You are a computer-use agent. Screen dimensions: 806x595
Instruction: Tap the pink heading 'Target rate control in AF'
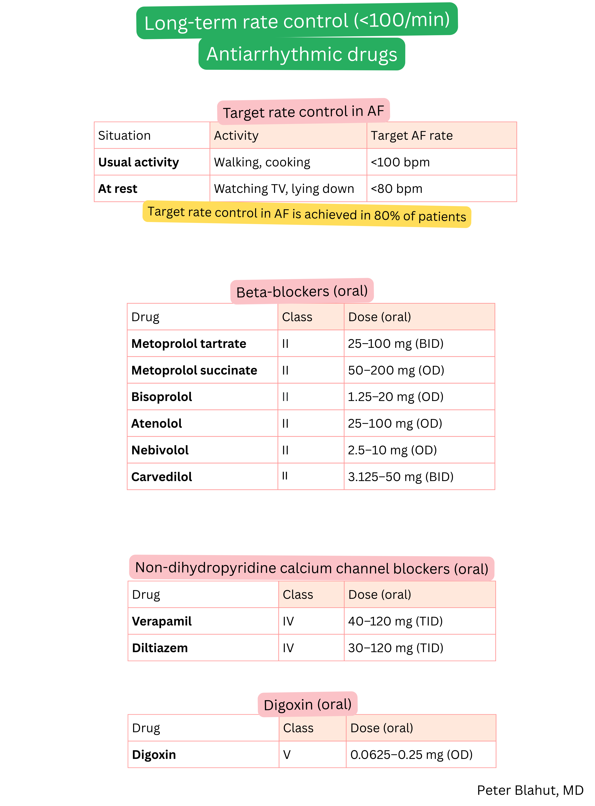tap(303, 111)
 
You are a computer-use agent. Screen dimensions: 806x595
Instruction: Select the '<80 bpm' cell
tap(397, 189)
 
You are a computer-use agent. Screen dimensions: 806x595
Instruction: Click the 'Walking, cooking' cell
tap(262, 162)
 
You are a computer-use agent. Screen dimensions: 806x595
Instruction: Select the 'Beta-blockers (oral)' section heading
tap(302, 291)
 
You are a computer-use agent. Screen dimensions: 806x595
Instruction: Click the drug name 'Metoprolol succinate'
tap(194, 370)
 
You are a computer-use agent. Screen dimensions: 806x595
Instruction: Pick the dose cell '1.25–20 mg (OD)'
tap(395, 396)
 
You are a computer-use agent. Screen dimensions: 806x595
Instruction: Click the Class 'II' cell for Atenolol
tap(285, 423)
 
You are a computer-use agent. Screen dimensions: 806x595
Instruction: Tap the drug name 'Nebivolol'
tap(160, 450)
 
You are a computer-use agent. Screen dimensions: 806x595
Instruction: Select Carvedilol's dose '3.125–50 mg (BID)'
tap(401, 477)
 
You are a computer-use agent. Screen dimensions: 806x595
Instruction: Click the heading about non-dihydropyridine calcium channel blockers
tap(312, 568)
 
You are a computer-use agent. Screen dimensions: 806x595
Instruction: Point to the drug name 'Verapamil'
tap(162, 621)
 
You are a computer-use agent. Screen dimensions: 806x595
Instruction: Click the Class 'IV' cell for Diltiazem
tap(288, 648)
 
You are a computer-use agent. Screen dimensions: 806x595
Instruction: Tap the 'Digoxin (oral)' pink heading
tap(308, 704)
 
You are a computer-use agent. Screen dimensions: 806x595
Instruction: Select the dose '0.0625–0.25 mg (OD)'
tap(411, 754)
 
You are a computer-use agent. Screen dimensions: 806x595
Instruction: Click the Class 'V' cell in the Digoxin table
tap(287, 754)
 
